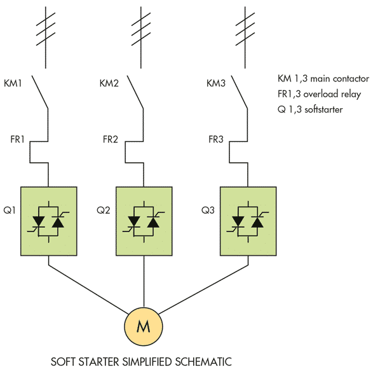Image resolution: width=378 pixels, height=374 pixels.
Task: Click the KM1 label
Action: point(13,83)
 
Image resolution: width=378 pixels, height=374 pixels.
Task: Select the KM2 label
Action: point(109,83)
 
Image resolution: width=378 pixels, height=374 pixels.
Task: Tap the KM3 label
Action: point(216,83)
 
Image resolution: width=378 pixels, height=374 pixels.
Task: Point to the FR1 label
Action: point(17,139)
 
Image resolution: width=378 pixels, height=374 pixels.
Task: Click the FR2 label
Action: point(110,139)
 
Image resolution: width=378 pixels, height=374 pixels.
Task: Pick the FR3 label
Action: point(216,139)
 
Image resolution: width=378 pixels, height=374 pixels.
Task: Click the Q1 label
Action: point(10,211)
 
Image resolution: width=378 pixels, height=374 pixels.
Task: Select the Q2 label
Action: point(104,211)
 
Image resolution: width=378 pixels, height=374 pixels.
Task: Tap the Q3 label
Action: point(208,211)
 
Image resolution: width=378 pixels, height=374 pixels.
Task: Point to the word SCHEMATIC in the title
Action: point(203,362)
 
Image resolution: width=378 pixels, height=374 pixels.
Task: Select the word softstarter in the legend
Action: point(323,109)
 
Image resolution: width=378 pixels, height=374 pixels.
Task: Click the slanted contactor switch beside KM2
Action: point(135,92)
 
